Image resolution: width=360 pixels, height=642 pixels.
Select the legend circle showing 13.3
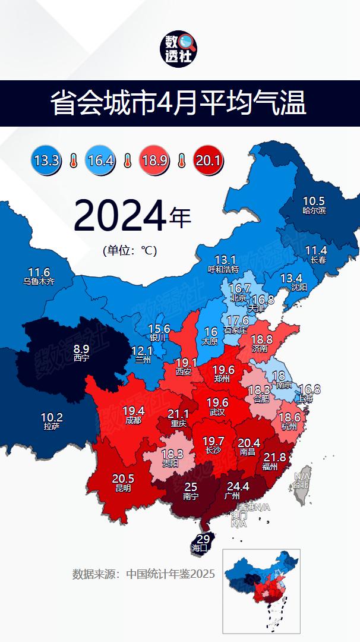click(46, 160)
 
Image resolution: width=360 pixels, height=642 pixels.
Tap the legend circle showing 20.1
click(209, 160)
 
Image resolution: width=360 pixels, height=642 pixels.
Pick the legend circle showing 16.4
click(100, 160)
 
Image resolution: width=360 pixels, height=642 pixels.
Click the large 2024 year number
click(119, 216)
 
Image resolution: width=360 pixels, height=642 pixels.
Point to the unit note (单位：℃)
click(129, 250)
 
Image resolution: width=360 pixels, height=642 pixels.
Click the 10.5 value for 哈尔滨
click(314, 201)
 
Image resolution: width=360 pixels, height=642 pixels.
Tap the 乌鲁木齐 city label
click(39, 281)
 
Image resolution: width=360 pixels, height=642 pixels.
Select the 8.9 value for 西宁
click(81, 349)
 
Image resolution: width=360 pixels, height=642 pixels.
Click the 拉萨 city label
click(52, 426)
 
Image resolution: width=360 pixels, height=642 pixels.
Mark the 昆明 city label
click(123, 488)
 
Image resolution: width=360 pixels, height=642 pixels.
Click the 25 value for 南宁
click(190, 486)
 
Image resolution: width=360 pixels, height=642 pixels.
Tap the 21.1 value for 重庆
click(178, 414)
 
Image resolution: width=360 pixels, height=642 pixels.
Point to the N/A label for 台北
click(302, 476)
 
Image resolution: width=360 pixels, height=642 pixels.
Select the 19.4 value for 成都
click(133, 411)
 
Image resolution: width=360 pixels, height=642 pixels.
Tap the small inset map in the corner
click(261, 590)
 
